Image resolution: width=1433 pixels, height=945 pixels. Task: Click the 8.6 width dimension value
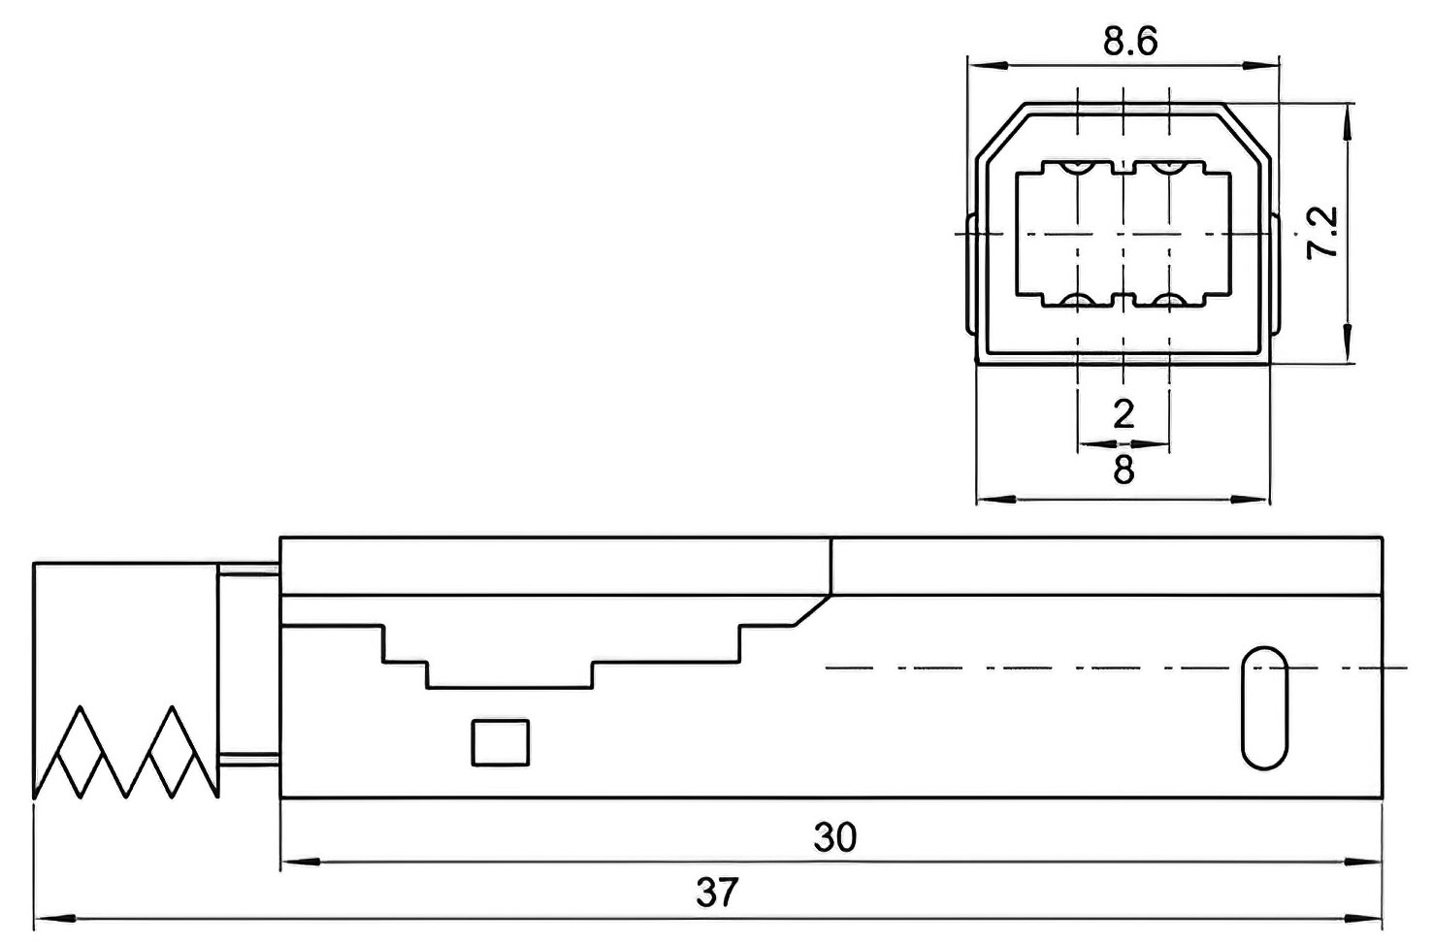coord(1130,42)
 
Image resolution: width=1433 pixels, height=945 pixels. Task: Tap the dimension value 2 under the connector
coord(1124,414)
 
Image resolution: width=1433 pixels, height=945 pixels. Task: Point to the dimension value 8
coord(1124,471)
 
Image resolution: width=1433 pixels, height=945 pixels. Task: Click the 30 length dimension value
coord(835,837)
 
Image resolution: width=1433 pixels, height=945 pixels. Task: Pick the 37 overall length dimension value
coord(718,892)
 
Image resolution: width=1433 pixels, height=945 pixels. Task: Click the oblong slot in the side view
coord(1265,708)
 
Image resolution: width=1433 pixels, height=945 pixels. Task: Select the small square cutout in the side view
coord(501,742)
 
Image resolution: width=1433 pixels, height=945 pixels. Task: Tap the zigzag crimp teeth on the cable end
coord(124,752)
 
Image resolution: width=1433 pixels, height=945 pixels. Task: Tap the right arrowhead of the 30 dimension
coord(1368,861)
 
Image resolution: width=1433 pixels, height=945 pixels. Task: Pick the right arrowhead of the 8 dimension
coord(1257,500)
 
